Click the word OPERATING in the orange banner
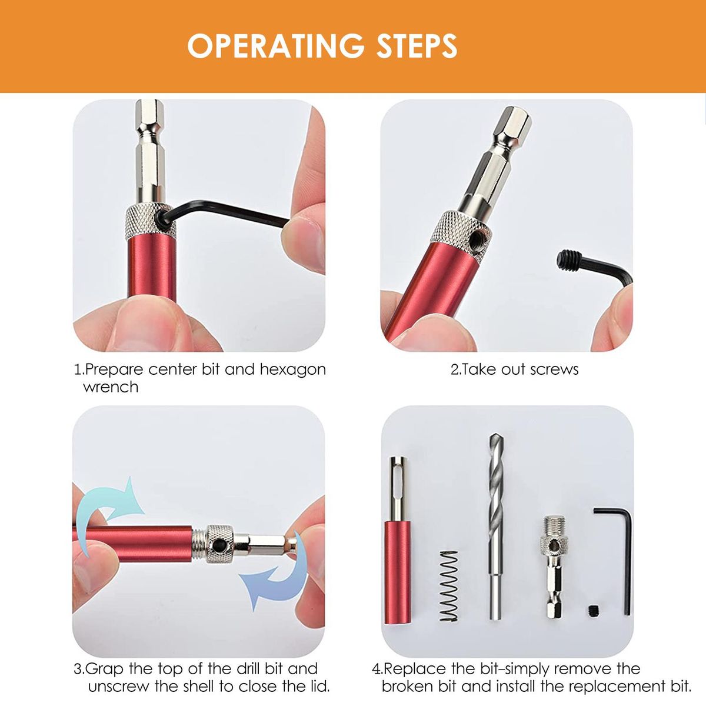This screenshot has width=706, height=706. [x=276, y=46]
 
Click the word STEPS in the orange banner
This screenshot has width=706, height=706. [x=417, y=46]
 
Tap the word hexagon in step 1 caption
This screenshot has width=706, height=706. [x=293, y=370]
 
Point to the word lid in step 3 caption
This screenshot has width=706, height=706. [x=315, y=686]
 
